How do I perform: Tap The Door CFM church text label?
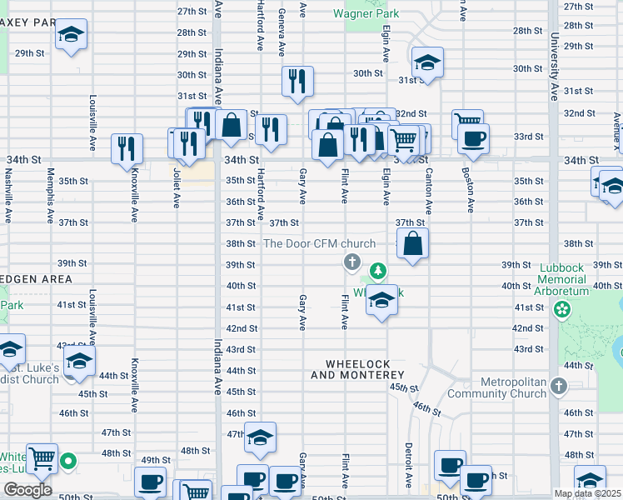click(319, 244)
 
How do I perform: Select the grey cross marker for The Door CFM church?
click(351, 263)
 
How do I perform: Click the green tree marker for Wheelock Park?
click(378, 271)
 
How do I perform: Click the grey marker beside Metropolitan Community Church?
click(558, 386)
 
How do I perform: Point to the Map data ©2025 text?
click(588, 493)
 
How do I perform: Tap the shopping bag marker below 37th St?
click(413, 244)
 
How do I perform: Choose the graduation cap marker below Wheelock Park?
click(381, 301)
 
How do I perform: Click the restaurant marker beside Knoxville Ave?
click(127, 148)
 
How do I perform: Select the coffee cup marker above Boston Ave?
click(473, 138)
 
